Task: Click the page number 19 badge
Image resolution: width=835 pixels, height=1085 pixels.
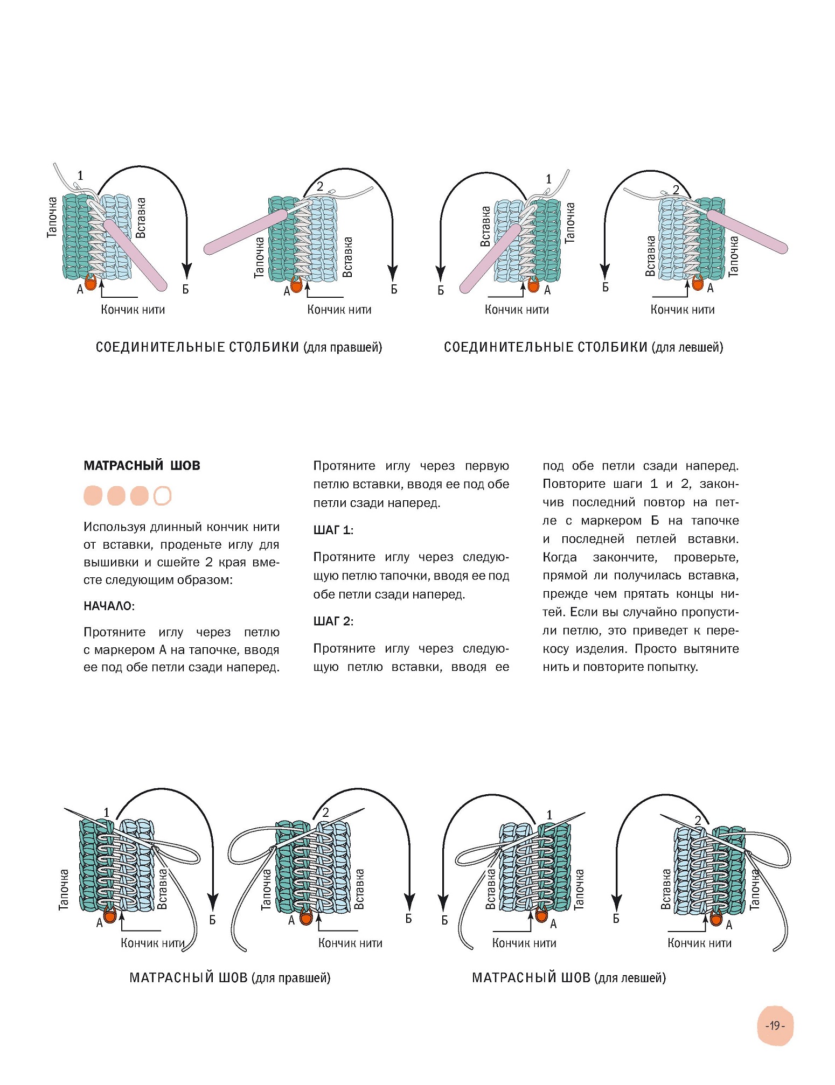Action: coord(775,1025)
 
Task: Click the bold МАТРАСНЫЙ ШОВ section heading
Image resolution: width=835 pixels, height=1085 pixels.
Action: coord(142,466)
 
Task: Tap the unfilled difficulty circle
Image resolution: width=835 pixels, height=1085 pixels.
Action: coord(162,495)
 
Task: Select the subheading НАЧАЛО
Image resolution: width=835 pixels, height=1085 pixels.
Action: coord(108,606)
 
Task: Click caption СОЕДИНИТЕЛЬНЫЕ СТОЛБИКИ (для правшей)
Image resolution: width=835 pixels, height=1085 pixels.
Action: coord(239,347)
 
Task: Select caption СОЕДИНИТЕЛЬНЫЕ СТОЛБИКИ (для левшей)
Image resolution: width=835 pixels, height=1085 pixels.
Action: coord(583,347)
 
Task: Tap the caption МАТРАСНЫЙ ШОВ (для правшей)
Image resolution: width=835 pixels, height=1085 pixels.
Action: coord(229,978)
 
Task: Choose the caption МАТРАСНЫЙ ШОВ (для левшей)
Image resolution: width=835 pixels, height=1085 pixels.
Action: coord(568,978)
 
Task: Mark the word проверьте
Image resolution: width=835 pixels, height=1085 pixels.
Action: coord(706,557)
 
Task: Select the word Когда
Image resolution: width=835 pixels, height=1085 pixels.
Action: coord(559,557)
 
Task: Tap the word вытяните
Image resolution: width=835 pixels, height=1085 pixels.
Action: coord(711,649)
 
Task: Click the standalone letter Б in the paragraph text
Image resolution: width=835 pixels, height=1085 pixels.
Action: coord(655,521)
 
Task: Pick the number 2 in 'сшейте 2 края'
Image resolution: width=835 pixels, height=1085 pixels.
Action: coord(209,563)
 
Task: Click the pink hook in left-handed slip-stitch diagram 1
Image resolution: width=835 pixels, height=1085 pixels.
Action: coord(491,258)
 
